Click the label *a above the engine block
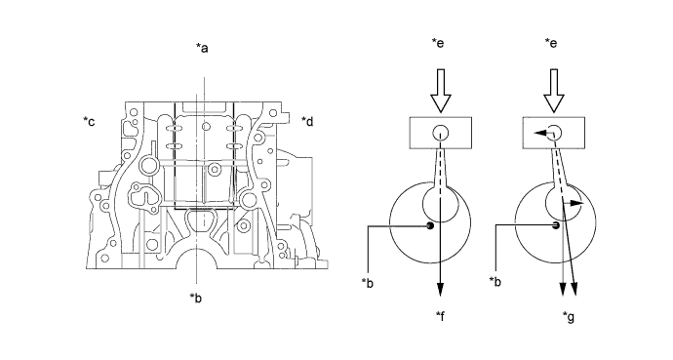click(x=202, y=48)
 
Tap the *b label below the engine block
click(x=196, y=298)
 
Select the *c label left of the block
click(x=89, y=121)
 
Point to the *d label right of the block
click(x=307, y=121)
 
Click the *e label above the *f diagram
click(x=438, y=43)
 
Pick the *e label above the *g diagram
click(x=551, y=43)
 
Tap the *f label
click(x=440, y=316)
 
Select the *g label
click(x=569, y=317)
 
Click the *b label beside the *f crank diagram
click(x=368, y=283)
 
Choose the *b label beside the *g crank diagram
click(x=495, y=282)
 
